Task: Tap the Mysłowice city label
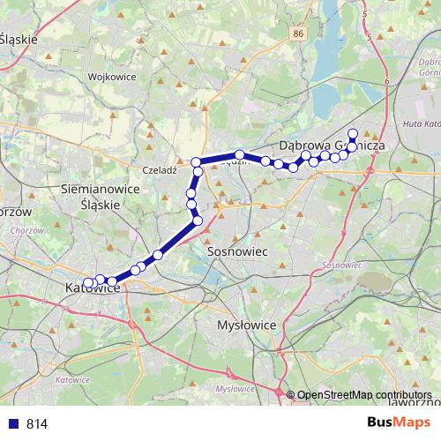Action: click(247, 325)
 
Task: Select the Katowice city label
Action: click(93, 288)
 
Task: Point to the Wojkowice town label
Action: click(112, 77)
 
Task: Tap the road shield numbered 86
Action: click(299, 33)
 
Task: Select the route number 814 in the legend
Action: click(37, 424)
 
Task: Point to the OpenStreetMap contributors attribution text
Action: click(364, 395)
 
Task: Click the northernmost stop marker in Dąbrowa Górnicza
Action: click(353, 134)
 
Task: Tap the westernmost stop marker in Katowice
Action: click(86, 283)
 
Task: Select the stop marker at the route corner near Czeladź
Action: click(198, 162)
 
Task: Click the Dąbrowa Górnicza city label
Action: click(329, 145)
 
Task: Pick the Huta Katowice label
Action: click(420, 124)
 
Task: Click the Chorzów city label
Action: click(16, 213)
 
